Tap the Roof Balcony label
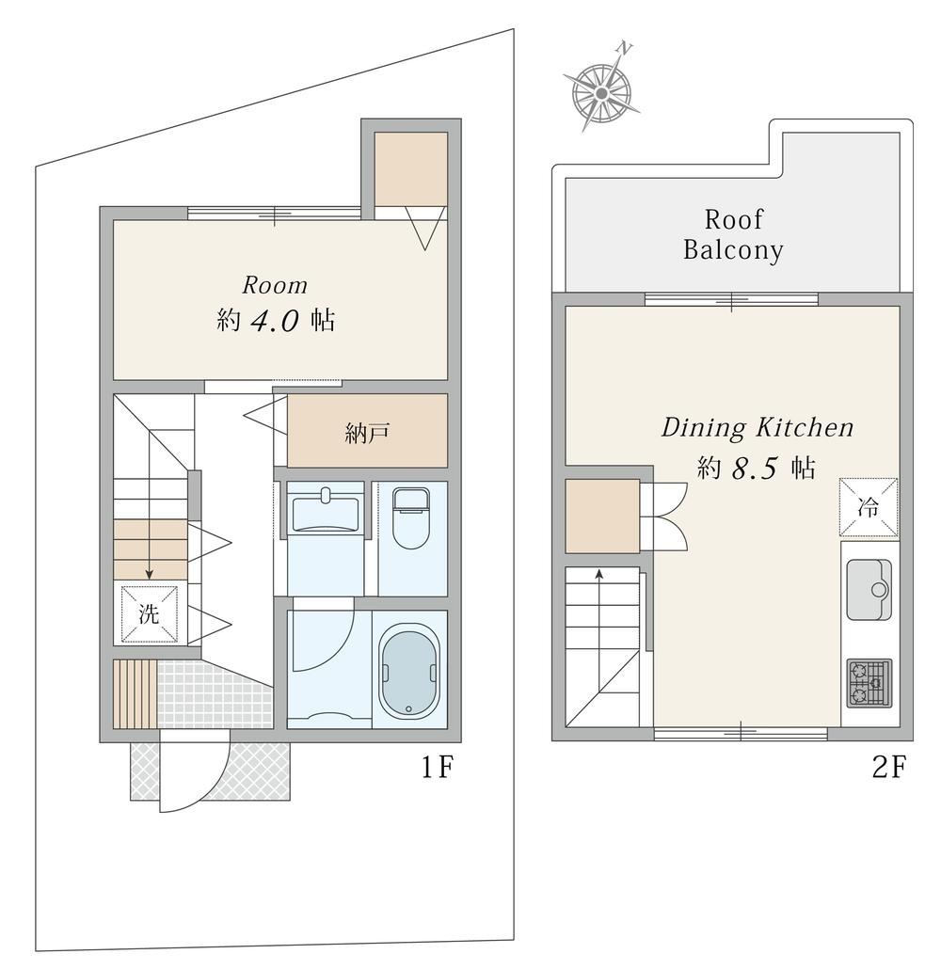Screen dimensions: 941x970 [733, 235]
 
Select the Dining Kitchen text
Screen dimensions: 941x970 [758, 428]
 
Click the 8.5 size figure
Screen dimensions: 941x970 [754, 469]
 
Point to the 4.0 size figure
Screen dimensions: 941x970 [275, 321]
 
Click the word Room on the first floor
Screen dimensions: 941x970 [275, 285]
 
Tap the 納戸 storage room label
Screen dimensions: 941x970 [366, 433]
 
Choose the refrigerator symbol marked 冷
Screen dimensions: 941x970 [869, 507]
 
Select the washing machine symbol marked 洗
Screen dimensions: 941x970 [149, 614]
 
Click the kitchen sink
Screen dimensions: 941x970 [869, 590]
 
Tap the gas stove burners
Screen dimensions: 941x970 [869, 684]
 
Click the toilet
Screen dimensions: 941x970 [411, 518]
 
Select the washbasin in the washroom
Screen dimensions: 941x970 [325, 509]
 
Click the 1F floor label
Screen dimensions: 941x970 [438, 768]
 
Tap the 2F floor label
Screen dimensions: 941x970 [889, 768]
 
